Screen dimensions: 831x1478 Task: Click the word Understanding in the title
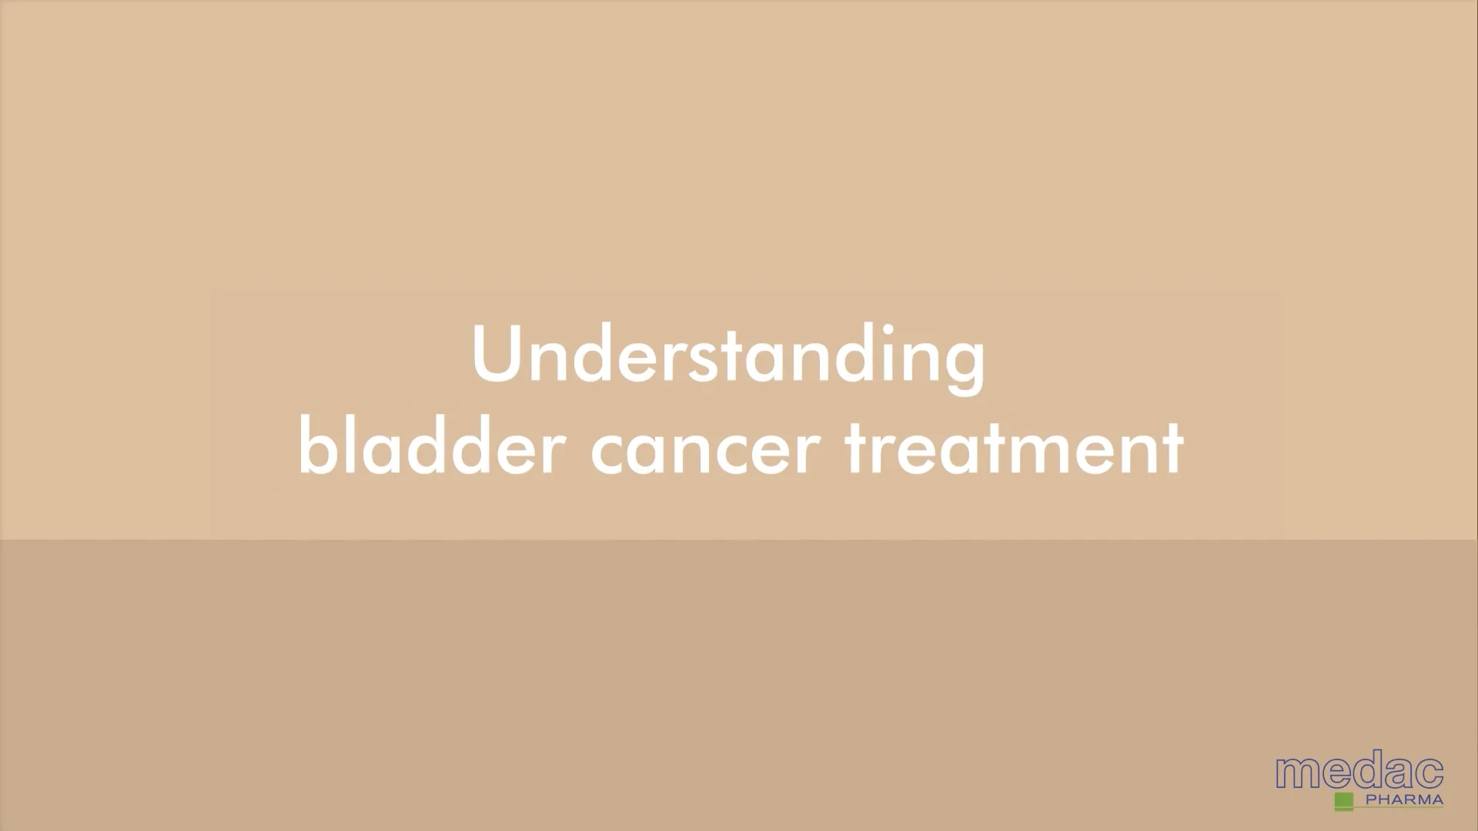pos(728,355)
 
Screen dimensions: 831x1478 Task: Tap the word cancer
pos(701,452)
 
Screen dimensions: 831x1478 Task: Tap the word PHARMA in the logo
pos(1403,800)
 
